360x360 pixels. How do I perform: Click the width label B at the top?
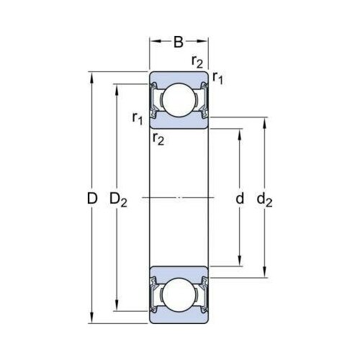coord(179,42)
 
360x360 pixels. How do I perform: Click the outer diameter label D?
coord(92,199)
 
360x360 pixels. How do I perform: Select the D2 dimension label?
coord(118,199)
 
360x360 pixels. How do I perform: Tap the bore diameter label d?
coord(240,198)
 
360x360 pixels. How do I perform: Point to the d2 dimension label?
coord(264,199)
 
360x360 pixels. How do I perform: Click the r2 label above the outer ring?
coord(197,62)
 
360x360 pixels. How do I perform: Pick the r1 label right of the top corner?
coord(217,78)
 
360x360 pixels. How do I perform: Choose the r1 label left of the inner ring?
coord(138,118)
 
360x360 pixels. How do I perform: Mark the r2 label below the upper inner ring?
coord(158,139)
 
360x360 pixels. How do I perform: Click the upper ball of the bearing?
coord(179,100)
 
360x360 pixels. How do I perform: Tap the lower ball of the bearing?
coord(179,294)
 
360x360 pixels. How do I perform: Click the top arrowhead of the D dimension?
coord(91,77)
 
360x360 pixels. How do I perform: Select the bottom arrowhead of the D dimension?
coord(91,318)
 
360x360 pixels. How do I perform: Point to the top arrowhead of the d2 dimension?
coord(264,123)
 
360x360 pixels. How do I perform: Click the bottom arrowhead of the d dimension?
coord(239,261)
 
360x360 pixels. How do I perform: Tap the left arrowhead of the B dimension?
coord(156,41)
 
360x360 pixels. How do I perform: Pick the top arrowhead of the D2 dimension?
coord(117,90)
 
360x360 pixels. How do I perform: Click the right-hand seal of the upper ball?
coord(204,100)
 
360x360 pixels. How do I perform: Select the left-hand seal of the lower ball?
coord(153,294)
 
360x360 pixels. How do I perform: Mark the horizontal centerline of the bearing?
coord(178,198)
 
